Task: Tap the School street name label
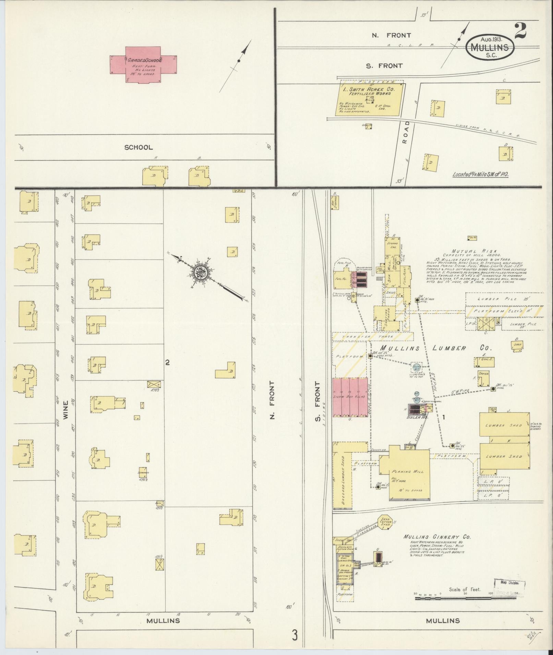pos(138,147)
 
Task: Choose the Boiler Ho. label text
pos(416,418)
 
